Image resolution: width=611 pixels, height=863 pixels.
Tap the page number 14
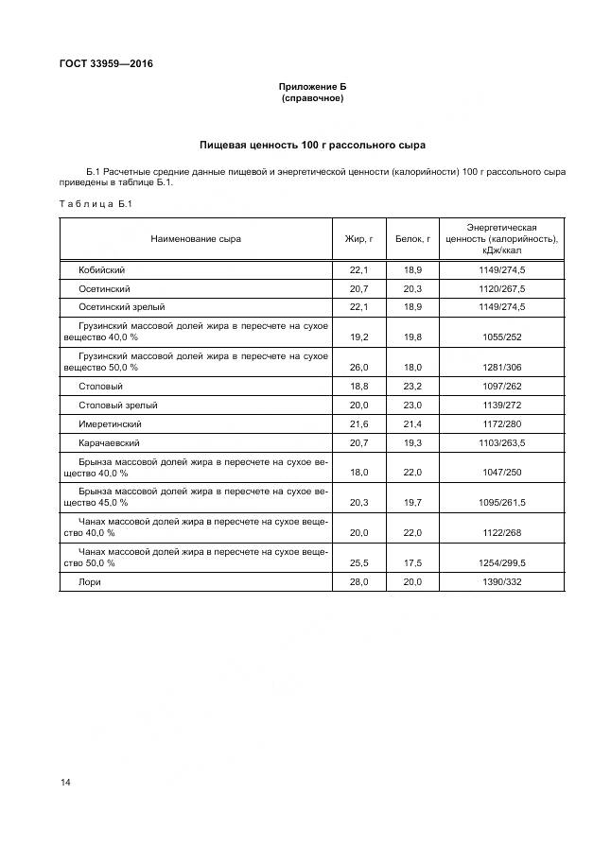65,782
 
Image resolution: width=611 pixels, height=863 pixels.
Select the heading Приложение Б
312,86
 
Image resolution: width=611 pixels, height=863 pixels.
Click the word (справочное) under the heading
312,97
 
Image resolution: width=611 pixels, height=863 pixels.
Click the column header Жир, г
358,239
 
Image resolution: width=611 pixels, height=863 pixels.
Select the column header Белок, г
412,239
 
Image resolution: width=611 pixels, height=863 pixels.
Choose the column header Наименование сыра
196,239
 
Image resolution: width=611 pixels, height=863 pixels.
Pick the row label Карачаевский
111,442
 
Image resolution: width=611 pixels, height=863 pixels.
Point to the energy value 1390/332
502,582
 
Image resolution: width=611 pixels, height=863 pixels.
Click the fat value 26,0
358,369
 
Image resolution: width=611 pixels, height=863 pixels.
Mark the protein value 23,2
412,387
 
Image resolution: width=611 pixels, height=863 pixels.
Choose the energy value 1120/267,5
502,288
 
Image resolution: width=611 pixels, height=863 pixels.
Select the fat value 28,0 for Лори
358,582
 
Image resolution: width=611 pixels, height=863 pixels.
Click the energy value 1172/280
502,424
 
